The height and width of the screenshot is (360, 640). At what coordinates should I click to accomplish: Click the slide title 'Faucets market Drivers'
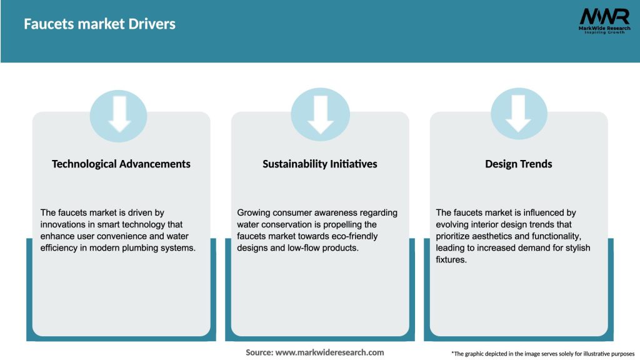pos(99,24)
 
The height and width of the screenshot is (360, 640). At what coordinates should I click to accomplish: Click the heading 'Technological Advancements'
pos(121,164)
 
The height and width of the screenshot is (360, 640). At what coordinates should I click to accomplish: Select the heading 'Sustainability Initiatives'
pos(320,164)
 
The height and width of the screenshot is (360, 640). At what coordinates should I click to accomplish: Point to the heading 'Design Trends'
pos(519,164)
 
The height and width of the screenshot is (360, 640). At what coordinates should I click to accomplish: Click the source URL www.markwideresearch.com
pos(329,352)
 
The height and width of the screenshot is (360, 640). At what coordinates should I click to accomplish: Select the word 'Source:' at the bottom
pos(259,352)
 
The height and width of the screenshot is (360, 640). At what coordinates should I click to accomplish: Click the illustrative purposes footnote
pos(542,354)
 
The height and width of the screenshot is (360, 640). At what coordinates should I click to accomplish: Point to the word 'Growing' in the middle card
pos(254,212)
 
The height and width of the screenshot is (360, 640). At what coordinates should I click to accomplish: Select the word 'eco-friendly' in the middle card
pos(352,236)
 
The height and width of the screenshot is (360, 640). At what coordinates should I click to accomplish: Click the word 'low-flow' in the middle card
pos(301,248)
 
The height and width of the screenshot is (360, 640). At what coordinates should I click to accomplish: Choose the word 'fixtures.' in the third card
pos(451,260)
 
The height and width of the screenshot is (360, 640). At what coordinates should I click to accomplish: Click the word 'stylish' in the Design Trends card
pos(576,248)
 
